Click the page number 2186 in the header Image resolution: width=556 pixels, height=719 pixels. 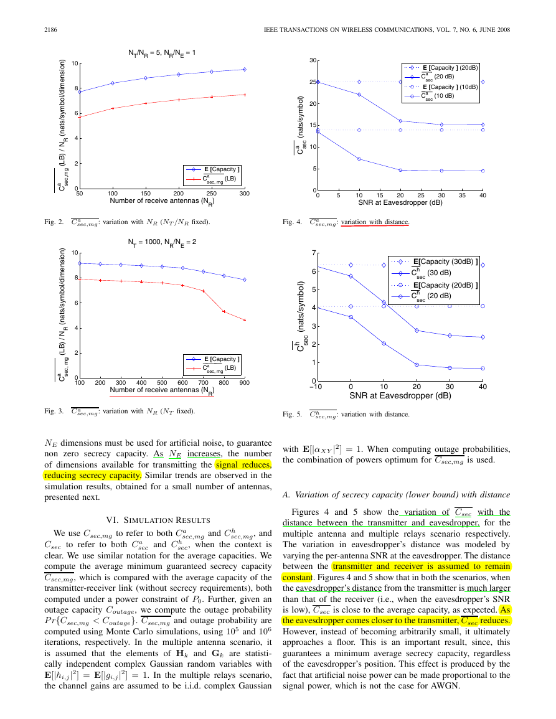click(x=50, y=30)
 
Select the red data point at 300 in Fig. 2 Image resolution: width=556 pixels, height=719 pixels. click(x=245, y=95)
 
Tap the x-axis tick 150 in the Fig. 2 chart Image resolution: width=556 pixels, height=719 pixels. click(x=146, y=194)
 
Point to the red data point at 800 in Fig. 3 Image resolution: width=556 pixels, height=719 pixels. click(x=224, y=312)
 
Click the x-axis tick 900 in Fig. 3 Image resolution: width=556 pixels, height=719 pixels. click(x=245, y=383)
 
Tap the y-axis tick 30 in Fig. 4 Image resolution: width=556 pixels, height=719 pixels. click(x=313, y=60)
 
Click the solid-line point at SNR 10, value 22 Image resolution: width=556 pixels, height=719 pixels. click(x=359, y=95)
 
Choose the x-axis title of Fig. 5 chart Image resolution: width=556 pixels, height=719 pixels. click(x=400, y=396)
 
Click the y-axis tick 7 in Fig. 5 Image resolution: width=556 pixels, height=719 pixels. click(x=314, y=253)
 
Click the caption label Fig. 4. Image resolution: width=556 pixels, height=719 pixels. click(x=292, y=222)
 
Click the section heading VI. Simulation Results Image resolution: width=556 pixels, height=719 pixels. click(x=158, y=520)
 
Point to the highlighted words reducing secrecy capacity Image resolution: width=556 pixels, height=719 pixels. click(x=93, y=476)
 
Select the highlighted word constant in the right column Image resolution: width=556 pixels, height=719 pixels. click(x=297, y=577)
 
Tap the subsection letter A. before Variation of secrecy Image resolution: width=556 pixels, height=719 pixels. click(x=286, y=495)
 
